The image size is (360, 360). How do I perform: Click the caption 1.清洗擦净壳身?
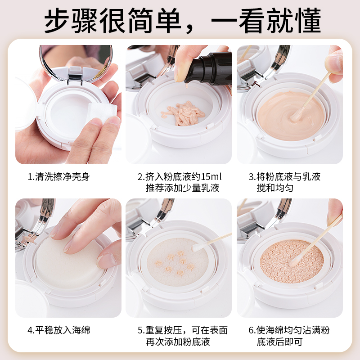click(59, 176)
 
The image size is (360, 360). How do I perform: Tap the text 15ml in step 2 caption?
click(211, 176)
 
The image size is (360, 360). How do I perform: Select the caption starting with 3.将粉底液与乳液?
click(284, 176)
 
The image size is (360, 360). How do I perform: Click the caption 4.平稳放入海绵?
click(59, 330)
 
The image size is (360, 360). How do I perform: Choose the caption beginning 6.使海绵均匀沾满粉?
click(289, 330)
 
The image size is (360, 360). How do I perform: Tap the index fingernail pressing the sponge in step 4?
click(68, 245)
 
